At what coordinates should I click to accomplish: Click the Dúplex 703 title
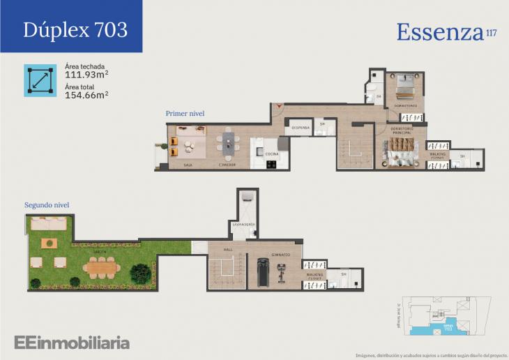point(75,29)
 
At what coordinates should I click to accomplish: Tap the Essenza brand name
point(440,31)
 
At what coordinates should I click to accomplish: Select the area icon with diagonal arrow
point(40,80)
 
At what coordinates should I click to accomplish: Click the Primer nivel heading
point(185,113)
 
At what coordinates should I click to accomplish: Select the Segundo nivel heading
point(47,205)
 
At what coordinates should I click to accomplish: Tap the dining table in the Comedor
point(228,144)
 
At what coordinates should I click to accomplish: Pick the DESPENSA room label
point(301,128)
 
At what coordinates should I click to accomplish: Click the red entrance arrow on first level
point(279,106)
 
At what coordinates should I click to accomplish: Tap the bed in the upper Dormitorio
point(406,88)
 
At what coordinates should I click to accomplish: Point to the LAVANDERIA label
point(243,225)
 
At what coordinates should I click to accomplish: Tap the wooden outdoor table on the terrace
point(102,266)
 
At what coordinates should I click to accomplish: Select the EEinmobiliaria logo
point(72,342)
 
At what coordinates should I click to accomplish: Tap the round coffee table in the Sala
point(188,145)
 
